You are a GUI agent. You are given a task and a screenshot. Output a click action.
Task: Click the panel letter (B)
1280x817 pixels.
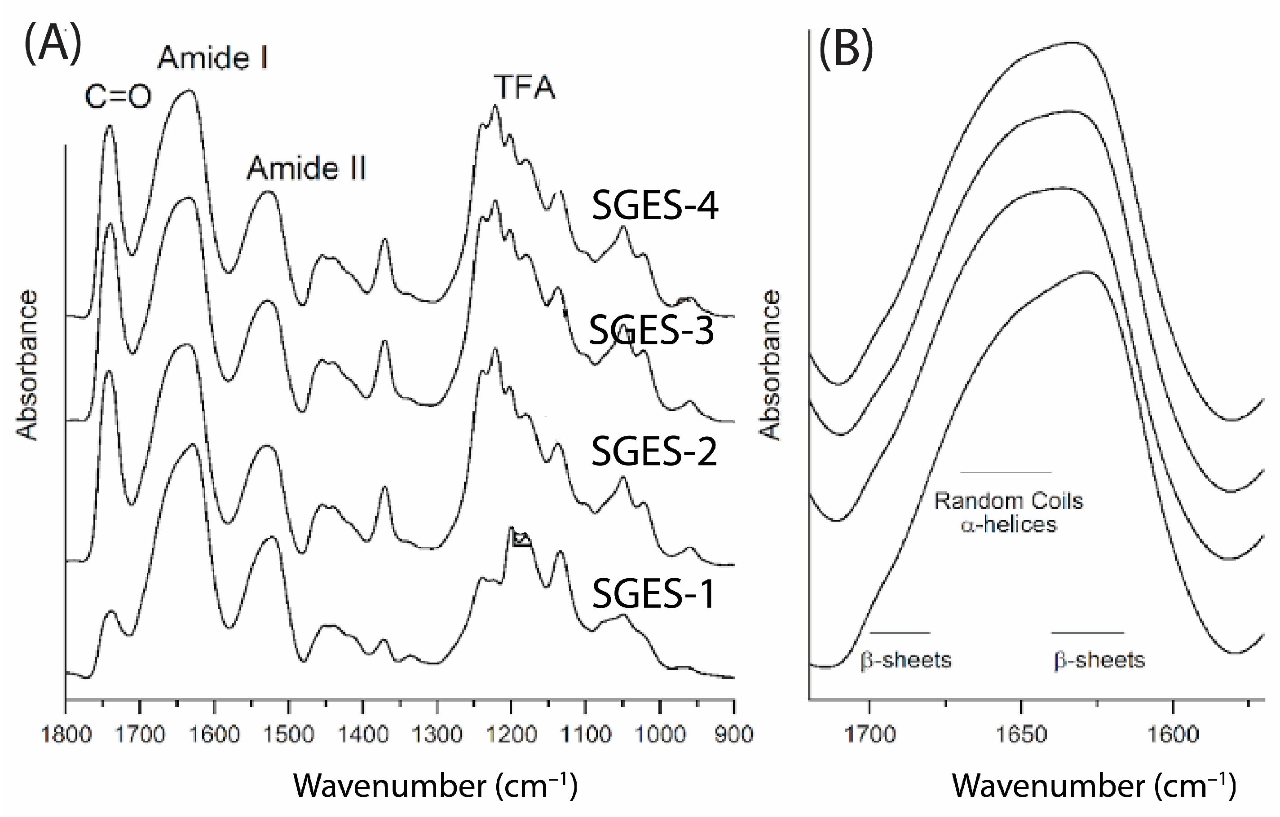[x=846, y=49]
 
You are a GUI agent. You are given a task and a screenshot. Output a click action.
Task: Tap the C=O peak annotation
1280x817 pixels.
[x=118, y=97]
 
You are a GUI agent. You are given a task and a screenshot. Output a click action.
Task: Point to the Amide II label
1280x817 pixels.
[x=306, y=168]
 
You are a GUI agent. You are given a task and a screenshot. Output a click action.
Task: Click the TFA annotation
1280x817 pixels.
[x=525, y=87]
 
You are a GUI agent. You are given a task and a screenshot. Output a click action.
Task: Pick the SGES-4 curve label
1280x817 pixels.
[x=654, y=206]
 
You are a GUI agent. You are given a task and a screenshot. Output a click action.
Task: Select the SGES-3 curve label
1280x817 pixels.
[x=651, y=330]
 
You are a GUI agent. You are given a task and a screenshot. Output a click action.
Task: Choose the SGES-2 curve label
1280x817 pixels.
[x=654, y=452]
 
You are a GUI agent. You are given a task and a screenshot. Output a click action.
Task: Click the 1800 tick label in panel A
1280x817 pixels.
[x=66, y=735]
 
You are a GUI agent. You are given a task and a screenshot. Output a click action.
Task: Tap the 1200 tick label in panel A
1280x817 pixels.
[x=512, y=735]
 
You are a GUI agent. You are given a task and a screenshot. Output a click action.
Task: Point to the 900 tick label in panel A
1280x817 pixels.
[x=734, y=735]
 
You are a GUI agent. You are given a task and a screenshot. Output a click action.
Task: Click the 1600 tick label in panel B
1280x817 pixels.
[x=1173, y=735]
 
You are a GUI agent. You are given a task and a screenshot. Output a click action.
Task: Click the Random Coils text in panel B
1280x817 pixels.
[x=1008, y=501]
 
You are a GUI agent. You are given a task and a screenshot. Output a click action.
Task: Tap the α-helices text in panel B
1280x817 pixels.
[x=1008, y=524]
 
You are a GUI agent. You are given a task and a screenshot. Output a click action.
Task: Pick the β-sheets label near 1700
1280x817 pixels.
[x=906, y=660]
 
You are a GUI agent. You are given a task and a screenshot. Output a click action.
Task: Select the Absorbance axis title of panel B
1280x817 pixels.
[x=770, y=365]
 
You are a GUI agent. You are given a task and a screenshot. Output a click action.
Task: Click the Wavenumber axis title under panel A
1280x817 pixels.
[x=435, y=786]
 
